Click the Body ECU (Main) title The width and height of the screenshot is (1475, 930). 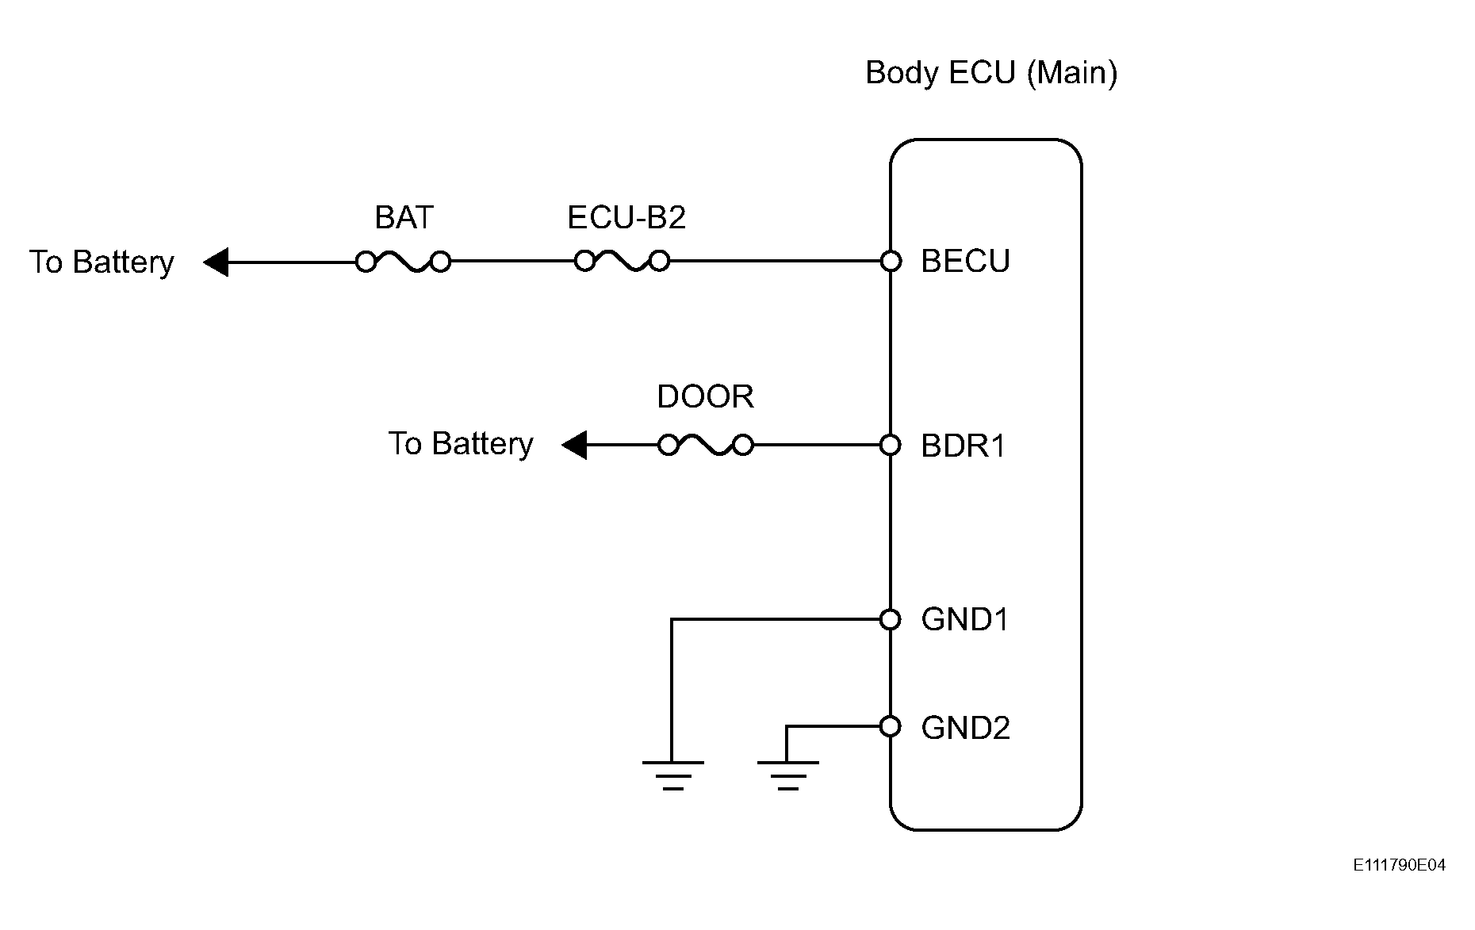991,74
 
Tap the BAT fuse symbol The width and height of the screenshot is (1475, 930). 403,262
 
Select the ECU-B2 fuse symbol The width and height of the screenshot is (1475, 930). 622,261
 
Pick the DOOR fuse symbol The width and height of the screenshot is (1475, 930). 706,446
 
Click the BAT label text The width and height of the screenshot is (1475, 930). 404,217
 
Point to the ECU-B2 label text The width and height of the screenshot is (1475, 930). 626,217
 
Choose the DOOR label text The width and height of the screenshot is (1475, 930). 705,396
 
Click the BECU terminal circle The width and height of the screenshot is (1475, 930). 891,261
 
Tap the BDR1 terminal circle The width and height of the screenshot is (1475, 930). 891,446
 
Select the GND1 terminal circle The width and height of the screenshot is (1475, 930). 891,619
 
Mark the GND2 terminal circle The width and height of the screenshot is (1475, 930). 891,725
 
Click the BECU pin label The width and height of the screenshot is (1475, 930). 965,261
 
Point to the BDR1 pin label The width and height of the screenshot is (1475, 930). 964,446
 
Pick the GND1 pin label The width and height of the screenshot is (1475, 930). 965,619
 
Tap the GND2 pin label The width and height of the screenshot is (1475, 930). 966,727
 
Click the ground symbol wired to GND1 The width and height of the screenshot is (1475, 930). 672,775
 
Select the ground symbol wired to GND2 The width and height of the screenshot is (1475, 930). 787,775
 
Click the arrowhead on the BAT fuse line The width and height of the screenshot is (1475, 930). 216,262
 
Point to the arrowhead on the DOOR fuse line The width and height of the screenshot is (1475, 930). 574,445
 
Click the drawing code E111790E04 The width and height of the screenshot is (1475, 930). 1400,865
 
